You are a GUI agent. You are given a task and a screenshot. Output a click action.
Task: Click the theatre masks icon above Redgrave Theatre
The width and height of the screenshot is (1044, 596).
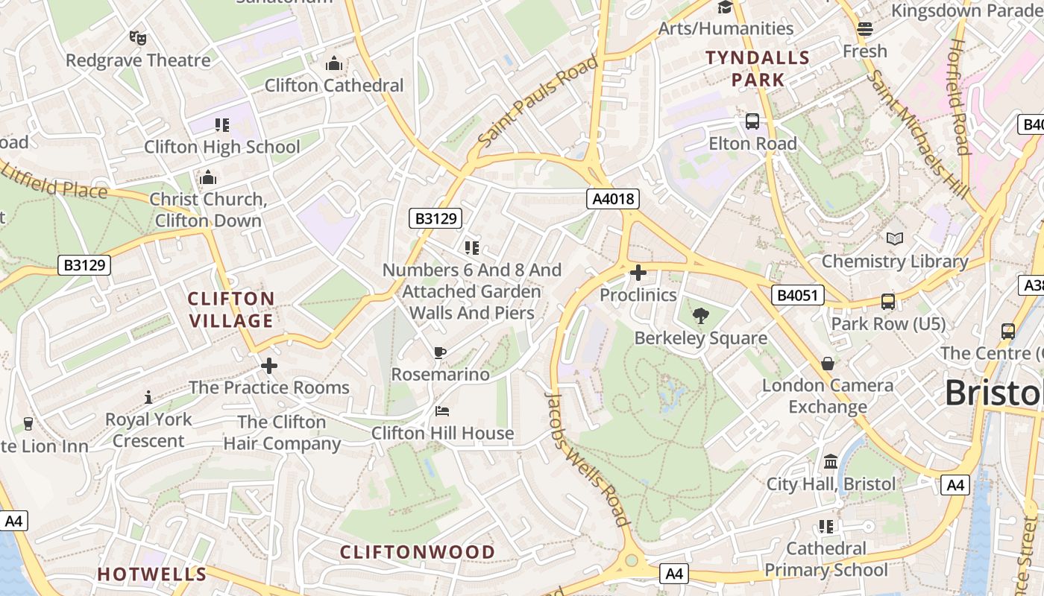(x=137, y=37)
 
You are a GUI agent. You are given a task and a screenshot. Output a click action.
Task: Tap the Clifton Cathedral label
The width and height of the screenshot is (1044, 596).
(x=334, y=86)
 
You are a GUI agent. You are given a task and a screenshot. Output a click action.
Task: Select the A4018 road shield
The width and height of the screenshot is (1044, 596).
(x=613, y=199)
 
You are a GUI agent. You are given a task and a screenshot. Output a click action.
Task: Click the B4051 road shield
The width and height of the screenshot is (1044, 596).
(x=797, y=295)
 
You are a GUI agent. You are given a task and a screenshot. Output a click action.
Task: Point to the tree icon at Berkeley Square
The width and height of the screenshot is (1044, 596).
(x=700, y=316)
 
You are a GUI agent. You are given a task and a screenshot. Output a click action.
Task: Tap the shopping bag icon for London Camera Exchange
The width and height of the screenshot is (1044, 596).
(x=828, y=364)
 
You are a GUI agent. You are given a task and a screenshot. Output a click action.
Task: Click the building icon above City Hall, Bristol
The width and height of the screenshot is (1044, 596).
(x=831, y=462)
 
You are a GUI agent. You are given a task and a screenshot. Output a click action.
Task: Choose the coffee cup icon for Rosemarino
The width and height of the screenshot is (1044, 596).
(x=440, y=352)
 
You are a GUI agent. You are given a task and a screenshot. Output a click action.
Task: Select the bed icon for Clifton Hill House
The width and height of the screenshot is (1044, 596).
(x=442, y=410)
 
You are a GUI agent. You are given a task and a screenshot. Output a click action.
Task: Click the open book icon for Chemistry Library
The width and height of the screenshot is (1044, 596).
(x=895, y=239)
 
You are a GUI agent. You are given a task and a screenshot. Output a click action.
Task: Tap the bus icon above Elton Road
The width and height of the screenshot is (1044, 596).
(x=752, y=121)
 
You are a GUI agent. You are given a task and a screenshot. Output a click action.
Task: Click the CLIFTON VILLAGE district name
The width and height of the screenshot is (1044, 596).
(x=231, y=310)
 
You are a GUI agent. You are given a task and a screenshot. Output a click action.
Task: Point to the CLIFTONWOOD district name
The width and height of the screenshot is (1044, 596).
(x=418, y=552)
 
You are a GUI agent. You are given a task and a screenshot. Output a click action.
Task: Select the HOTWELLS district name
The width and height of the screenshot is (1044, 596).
(x=152, y=574)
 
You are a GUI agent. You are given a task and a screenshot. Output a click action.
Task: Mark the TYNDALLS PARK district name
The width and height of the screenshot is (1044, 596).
(x=758, y=69)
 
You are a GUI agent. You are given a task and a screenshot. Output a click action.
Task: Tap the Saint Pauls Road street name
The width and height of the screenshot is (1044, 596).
(x=538, y=101)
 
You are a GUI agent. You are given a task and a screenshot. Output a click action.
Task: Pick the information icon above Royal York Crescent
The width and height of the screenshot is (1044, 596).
(x=148, y=397)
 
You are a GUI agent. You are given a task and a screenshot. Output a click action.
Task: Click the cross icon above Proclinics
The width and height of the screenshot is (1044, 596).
(x=638, y=273)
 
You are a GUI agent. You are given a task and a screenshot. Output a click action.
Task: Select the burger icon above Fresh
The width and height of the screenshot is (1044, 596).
(x=865, y=29)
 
